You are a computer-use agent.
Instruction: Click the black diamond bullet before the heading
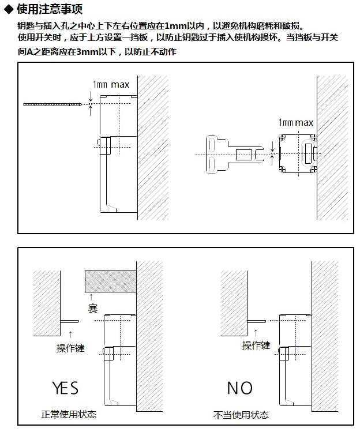coord(9,9)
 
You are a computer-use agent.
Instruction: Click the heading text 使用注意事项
coord(50,9)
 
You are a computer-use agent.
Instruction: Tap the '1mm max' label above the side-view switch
coord(111,84)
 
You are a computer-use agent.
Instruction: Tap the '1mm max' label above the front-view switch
coord(296,123)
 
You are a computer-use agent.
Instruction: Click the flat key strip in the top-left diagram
coord(52,104)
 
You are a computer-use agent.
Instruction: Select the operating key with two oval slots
coord(234,155)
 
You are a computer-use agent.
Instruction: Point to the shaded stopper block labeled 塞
coord(110,281)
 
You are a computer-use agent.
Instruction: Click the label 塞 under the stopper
coord(93,309)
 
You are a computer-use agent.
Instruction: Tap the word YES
coord(65,388)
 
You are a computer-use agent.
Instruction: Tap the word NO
coord(239,388)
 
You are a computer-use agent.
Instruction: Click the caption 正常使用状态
coord(69,414)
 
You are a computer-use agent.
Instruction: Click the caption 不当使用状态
coord(241,415)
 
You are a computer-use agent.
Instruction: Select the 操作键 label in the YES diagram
coord(70,348)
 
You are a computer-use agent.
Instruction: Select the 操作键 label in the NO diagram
coord(256,345)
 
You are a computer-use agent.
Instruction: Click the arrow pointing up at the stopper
coord(91,297)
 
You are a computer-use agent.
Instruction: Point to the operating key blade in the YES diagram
coord(70,321)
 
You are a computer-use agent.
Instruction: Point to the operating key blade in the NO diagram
coord(257,321)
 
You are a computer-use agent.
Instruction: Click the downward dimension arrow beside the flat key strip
coord(91,96)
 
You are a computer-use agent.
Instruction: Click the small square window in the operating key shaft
coord(244,155)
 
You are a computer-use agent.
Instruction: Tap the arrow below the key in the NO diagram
coord(256,332)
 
